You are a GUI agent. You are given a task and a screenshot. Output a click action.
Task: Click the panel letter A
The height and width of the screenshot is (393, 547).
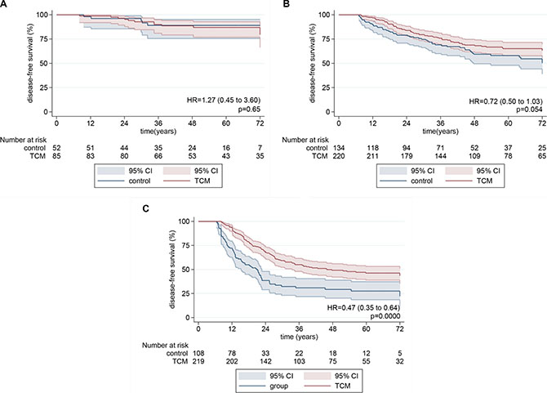(5, 6)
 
